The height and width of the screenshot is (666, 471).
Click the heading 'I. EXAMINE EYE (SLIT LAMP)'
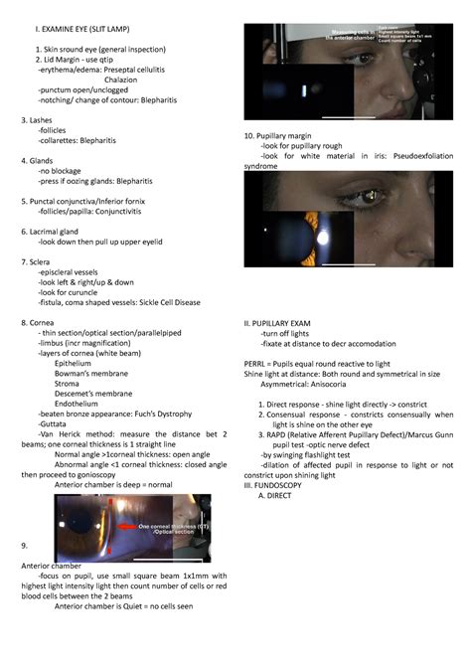point(86,30)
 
